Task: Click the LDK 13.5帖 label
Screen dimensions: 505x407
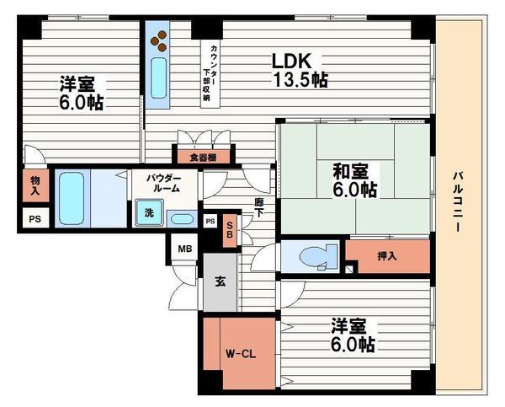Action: click(x=300, y=70)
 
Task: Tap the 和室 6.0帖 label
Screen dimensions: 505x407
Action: click(x=354, y=180)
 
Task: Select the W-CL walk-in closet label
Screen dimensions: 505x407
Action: click(x=240, y=354)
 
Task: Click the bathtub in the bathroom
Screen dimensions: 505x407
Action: click(x=72, y=198)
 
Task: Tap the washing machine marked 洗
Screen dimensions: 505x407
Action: click(x=149, y=212)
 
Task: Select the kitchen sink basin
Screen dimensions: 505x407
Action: click(x=159, y=78)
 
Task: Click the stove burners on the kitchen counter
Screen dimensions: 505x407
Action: click(x=159, y=40)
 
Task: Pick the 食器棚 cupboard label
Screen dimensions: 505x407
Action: click(x=203, y=158)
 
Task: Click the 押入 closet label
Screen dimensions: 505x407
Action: click(x=387, y=256)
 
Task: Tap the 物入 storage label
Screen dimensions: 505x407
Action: click(x=35, y=185)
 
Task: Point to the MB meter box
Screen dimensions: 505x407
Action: click(x=185, y=249)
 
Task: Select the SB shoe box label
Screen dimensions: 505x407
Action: click(x=230, y=230)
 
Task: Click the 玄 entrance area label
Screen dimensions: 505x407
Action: click(x=220, y=282)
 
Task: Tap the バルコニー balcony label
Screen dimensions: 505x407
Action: click(x=459, y=202)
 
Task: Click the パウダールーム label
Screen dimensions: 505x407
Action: click(x=165, y=183)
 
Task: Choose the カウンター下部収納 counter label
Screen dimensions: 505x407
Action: click(x=210, y=73)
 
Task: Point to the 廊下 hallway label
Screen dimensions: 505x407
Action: click(x=258, y=207)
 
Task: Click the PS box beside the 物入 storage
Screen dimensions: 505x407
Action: click(x=35, y=218)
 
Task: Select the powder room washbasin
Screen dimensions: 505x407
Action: click(x=182, y=219)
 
